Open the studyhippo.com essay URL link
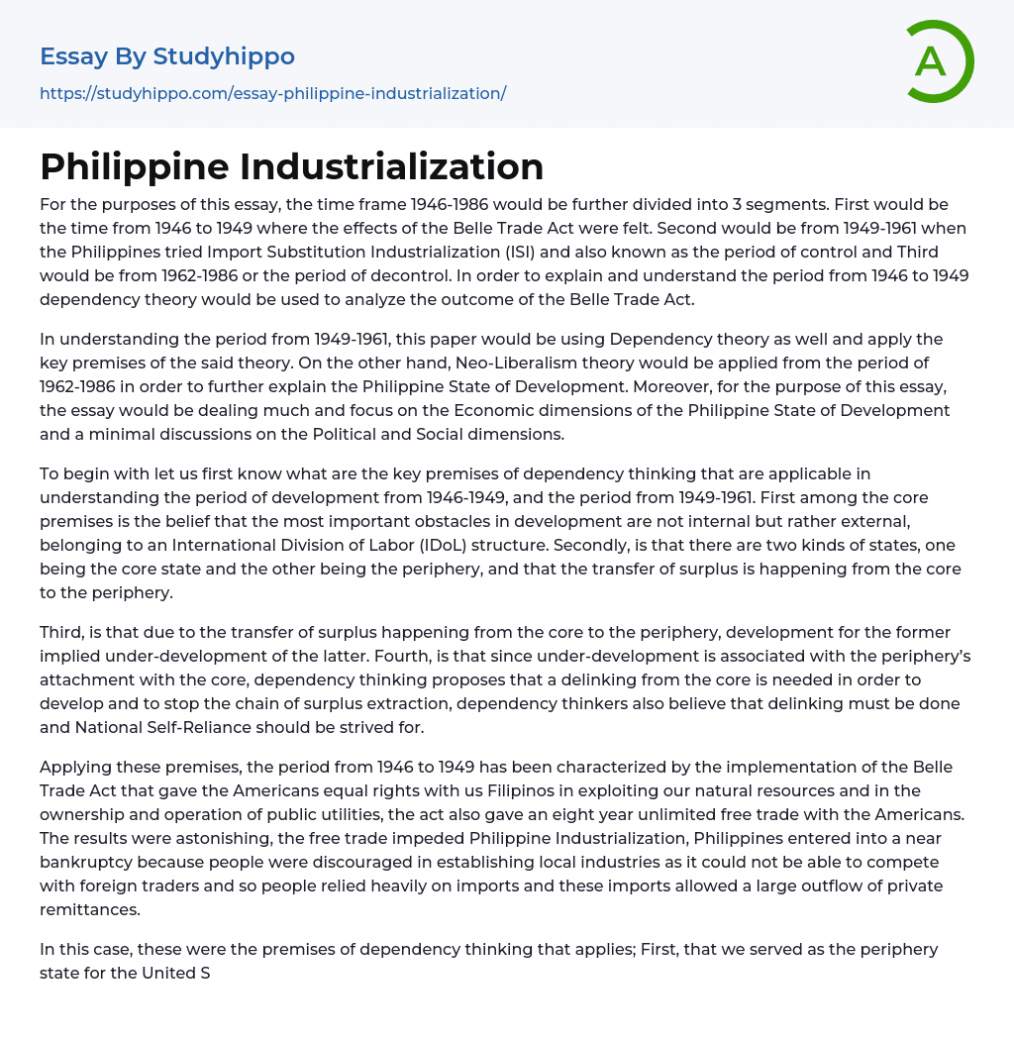pos(272,93)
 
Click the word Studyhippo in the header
pos(224,56)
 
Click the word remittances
pos(89,909)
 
